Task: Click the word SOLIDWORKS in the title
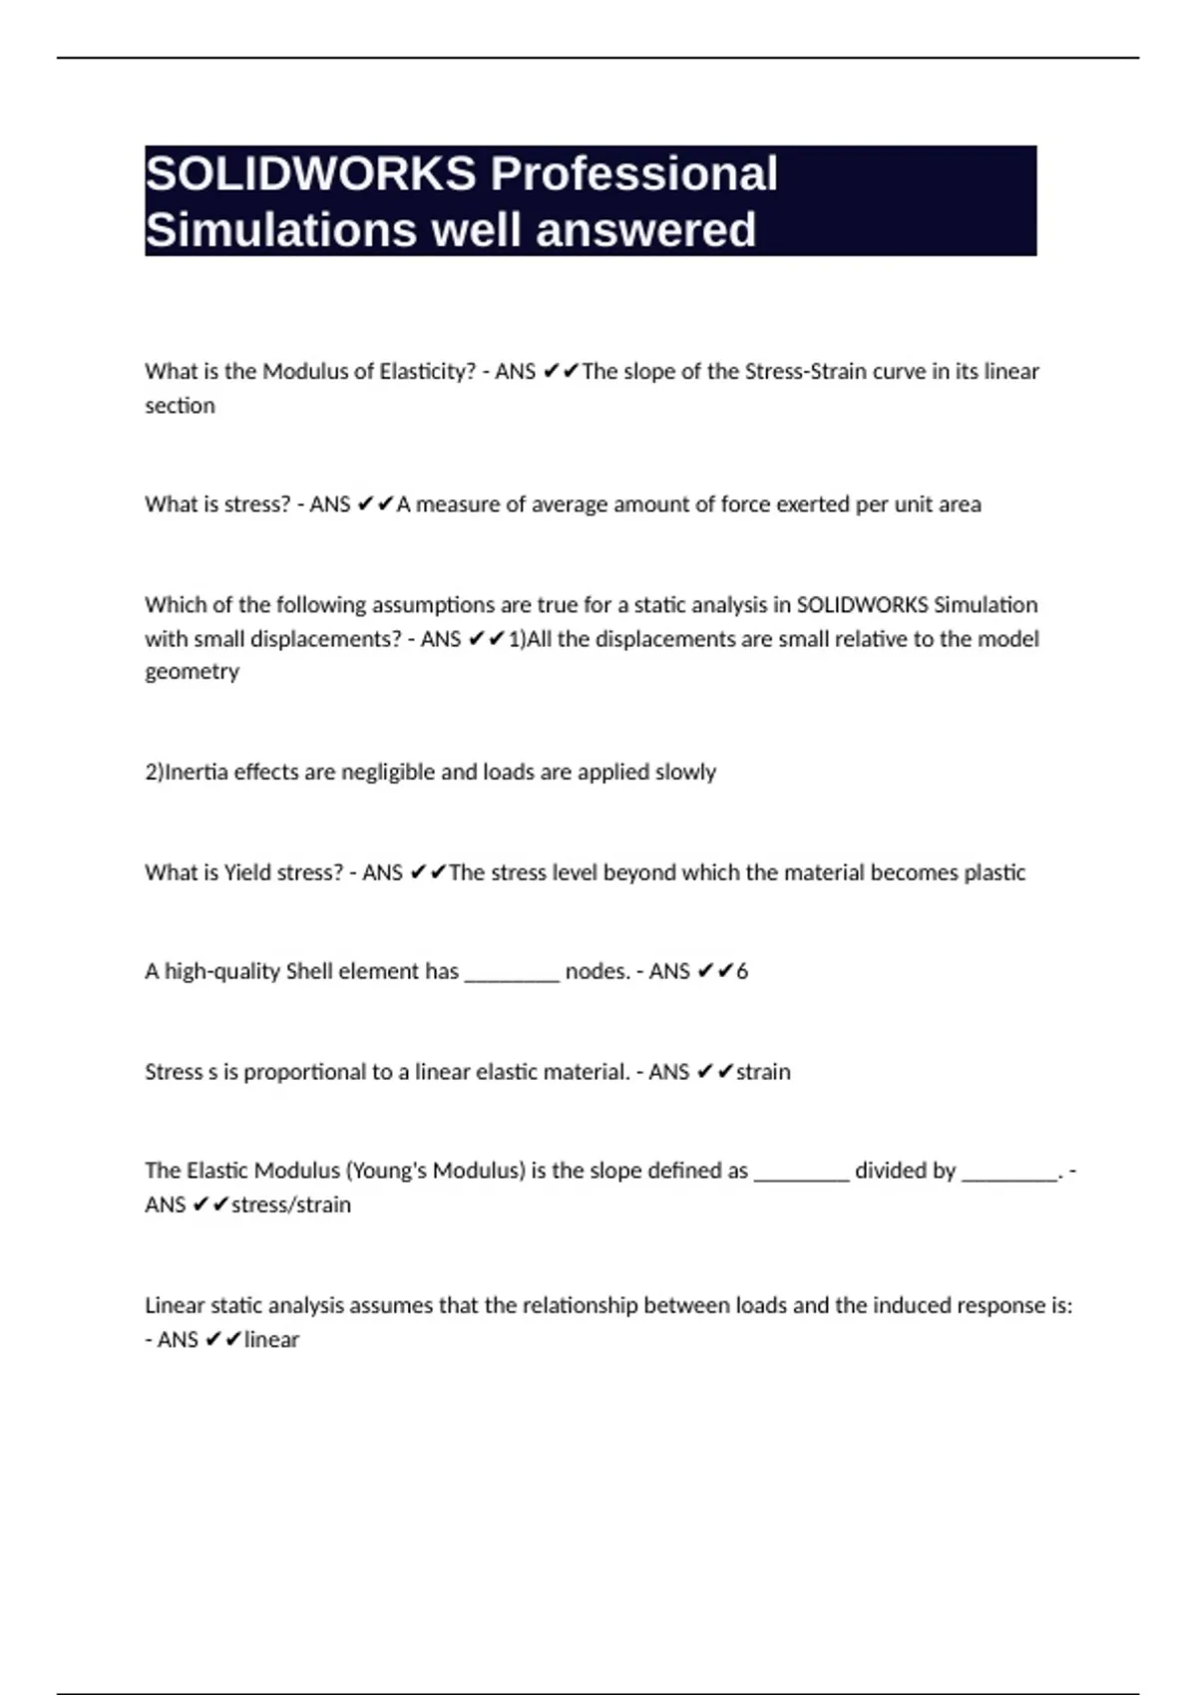310,174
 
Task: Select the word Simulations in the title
279,230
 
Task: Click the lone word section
180,406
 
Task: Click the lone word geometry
192,672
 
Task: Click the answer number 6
742,971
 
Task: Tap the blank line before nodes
512,974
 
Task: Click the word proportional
304,1072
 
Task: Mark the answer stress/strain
291,1204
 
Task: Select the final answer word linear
271,1339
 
